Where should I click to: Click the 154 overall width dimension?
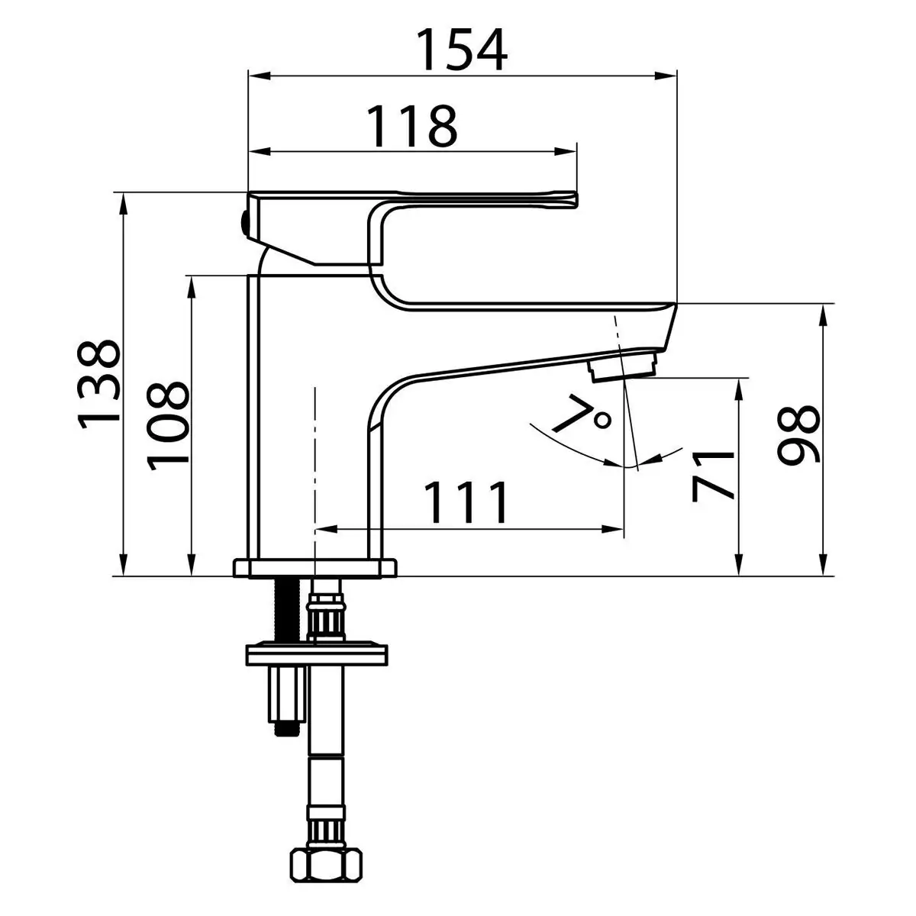click(x=462, y=50)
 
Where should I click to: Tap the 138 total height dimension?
click(x=99, y=384)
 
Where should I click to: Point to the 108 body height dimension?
click(x=168, y=425)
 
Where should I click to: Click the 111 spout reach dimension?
click(x=466, y=502)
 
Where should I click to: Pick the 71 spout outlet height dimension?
click(x=712, y=476)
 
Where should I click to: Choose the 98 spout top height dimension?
click(x=798, y=434)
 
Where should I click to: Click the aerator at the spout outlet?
click(x=624, y=369)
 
